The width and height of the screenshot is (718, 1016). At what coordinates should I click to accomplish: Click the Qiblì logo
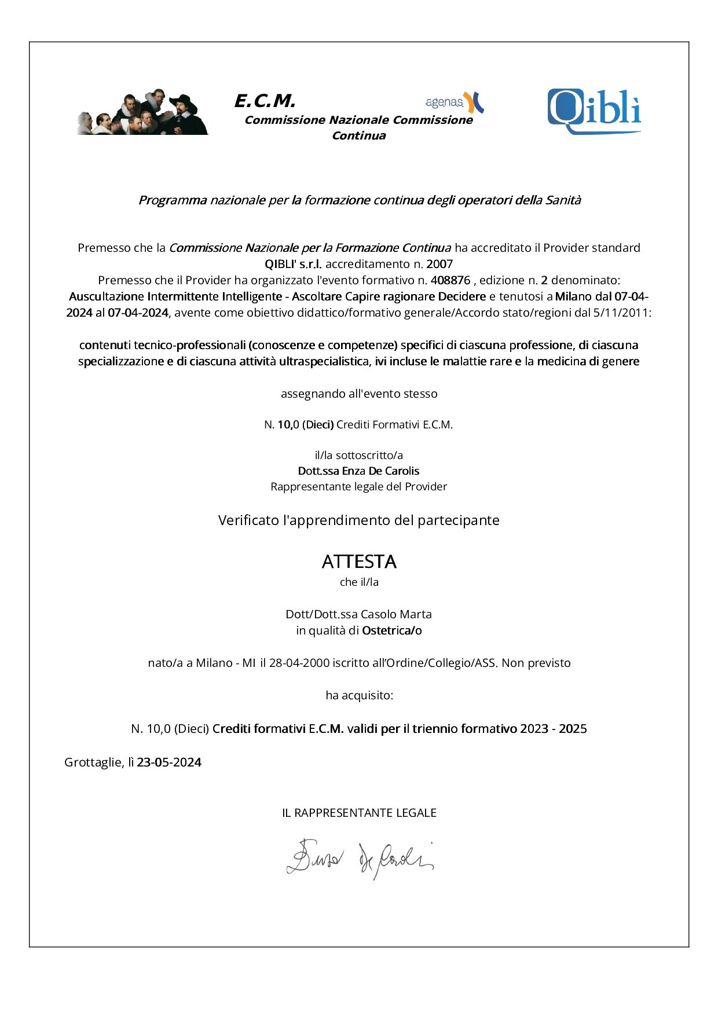pyautogui.click(x=594, y=111)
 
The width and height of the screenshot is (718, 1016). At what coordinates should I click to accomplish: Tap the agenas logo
pyautogui.click(x=454, y=102)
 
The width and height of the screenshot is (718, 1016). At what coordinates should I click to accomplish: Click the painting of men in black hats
pyautogui.click(x=142, y=113)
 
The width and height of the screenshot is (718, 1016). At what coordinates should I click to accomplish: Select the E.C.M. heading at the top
pyautogui.click(x=265, y=101)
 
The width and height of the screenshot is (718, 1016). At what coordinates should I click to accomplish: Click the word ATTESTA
pyautogui.click(x=359, y=562)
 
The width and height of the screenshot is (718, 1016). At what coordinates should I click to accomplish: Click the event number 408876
pyautogui.click(x=450, y=280)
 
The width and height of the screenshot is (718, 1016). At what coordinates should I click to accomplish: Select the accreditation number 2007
pyautogui.click(x=439, y=264)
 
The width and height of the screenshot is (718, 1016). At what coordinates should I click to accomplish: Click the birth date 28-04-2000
pyautogui.click(x=299, y=663)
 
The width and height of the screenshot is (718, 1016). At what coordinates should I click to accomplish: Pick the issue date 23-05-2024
pyautogui.click(x=169, y=762)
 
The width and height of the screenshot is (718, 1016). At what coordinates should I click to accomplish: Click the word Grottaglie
pyautogui.click(x=93, y=762)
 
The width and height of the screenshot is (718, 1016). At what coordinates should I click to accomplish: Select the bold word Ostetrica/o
pyautogui.click(x=392, y=630)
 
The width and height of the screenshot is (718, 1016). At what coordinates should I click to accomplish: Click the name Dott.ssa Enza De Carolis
pyautogui.click(x=358, y=471)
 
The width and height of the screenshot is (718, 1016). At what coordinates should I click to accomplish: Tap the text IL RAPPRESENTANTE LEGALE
pyautogui.click(x=359, y=813)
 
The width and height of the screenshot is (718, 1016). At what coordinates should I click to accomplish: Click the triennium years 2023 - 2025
pyautogui.click(x=553, y=728)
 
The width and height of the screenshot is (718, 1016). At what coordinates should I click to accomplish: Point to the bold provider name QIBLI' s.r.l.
pyautogui.click(x=293, y=264)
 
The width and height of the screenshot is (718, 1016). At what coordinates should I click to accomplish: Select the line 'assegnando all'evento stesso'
pyautogui.click(x=359, y=394)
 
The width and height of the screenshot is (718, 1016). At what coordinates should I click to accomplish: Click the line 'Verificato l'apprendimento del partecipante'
pyautogui.click(x=359, y=520)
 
